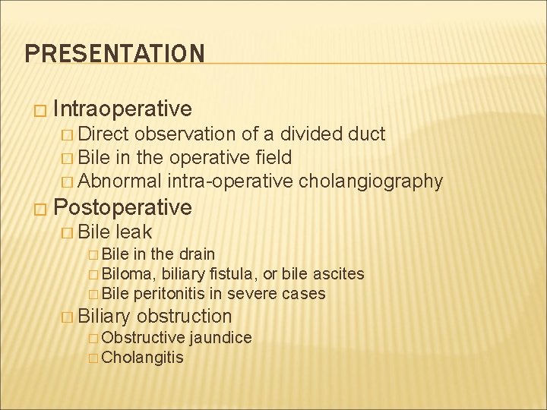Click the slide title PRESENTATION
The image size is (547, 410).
(x=115, y=53)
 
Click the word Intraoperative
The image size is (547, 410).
(x=122, y=109)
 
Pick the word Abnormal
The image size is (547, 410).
(x=119, y=181)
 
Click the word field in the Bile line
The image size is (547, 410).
(x=272, y=158)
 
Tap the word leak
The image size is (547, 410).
(x=134, y=231)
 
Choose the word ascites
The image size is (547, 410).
(x=338, y=273)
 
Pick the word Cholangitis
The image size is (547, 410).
(x=142, y=357)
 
